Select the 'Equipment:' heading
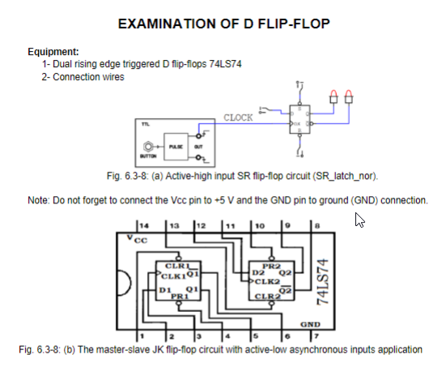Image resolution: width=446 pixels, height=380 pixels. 53,52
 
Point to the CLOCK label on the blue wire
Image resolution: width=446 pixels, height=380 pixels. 238,117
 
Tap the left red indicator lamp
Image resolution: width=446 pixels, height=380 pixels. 334,96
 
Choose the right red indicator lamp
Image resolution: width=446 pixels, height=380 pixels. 350,96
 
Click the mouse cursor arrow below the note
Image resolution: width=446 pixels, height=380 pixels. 359,220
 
